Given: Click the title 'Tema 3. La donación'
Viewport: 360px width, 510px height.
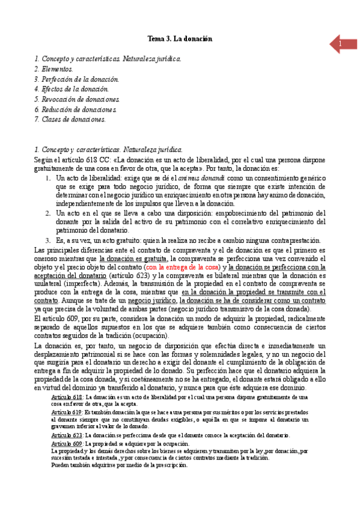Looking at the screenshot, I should click(x=180, y=39).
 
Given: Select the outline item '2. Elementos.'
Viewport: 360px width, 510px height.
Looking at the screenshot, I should click(x=53, y=69).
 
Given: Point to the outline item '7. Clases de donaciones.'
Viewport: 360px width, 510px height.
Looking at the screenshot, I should click(x=70, y=119).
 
